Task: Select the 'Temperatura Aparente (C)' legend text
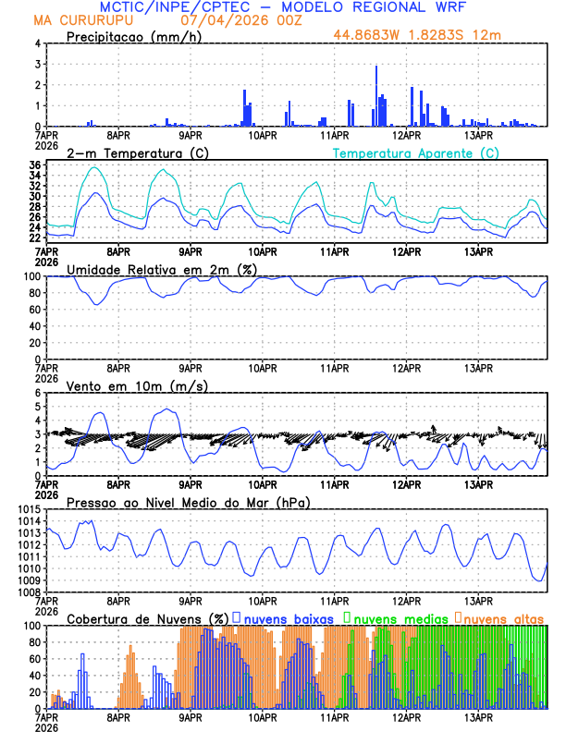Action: (415, 152)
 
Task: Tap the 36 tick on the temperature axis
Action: (34, 165)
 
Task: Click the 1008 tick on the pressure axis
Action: (27, 592)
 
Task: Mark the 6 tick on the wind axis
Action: (38, 394)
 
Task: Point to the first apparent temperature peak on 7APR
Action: (94, 167)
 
